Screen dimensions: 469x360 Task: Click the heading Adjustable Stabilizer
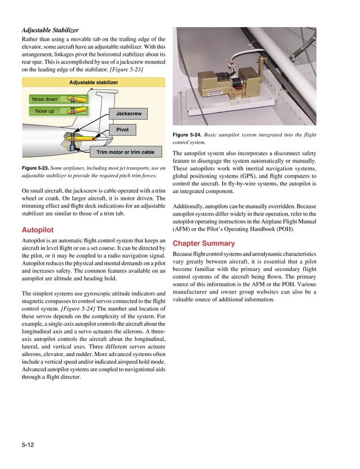click(x=50, y=29)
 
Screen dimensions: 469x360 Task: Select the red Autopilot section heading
click(x=38, y=230)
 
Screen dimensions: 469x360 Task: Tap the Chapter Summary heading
click(x=203, y=243)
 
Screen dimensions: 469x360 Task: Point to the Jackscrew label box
click(x=128, y=114)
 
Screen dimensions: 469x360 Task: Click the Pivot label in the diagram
click(x=122, y=130)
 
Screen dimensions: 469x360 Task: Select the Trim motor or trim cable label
click(x=125, y=152)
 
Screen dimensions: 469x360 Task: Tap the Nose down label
click(x=45, y=99)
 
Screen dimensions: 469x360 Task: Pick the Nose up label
click(x=45, y=111)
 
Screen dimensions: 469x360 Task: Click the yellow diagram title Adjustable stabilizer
click(x=94, y=82)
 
